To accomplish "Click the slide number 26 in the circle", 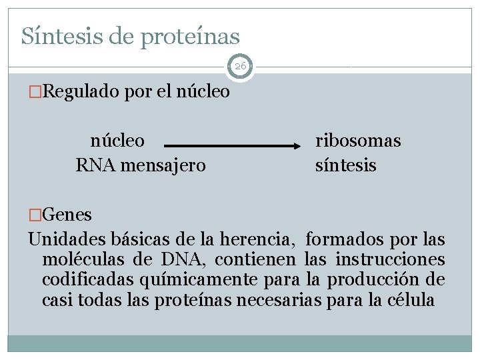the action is coord(240,67).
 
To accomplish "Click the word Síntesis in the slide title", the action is coord(57,35).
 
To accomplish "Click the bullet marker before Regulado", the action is coord(35,91).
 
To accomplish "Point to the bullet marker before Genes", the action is coord(35,215).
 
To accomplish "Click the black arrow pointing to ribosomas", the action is coord(233,145).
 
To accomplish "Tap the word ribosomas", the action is coord(358,141).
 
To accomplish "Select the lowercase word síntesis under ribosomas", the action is coord(345,165).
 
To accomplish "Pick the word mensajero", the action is coord(164,165).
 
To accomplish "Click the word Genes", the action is coord(67,215).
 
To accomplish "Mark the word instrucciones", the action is coord(390,259).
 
